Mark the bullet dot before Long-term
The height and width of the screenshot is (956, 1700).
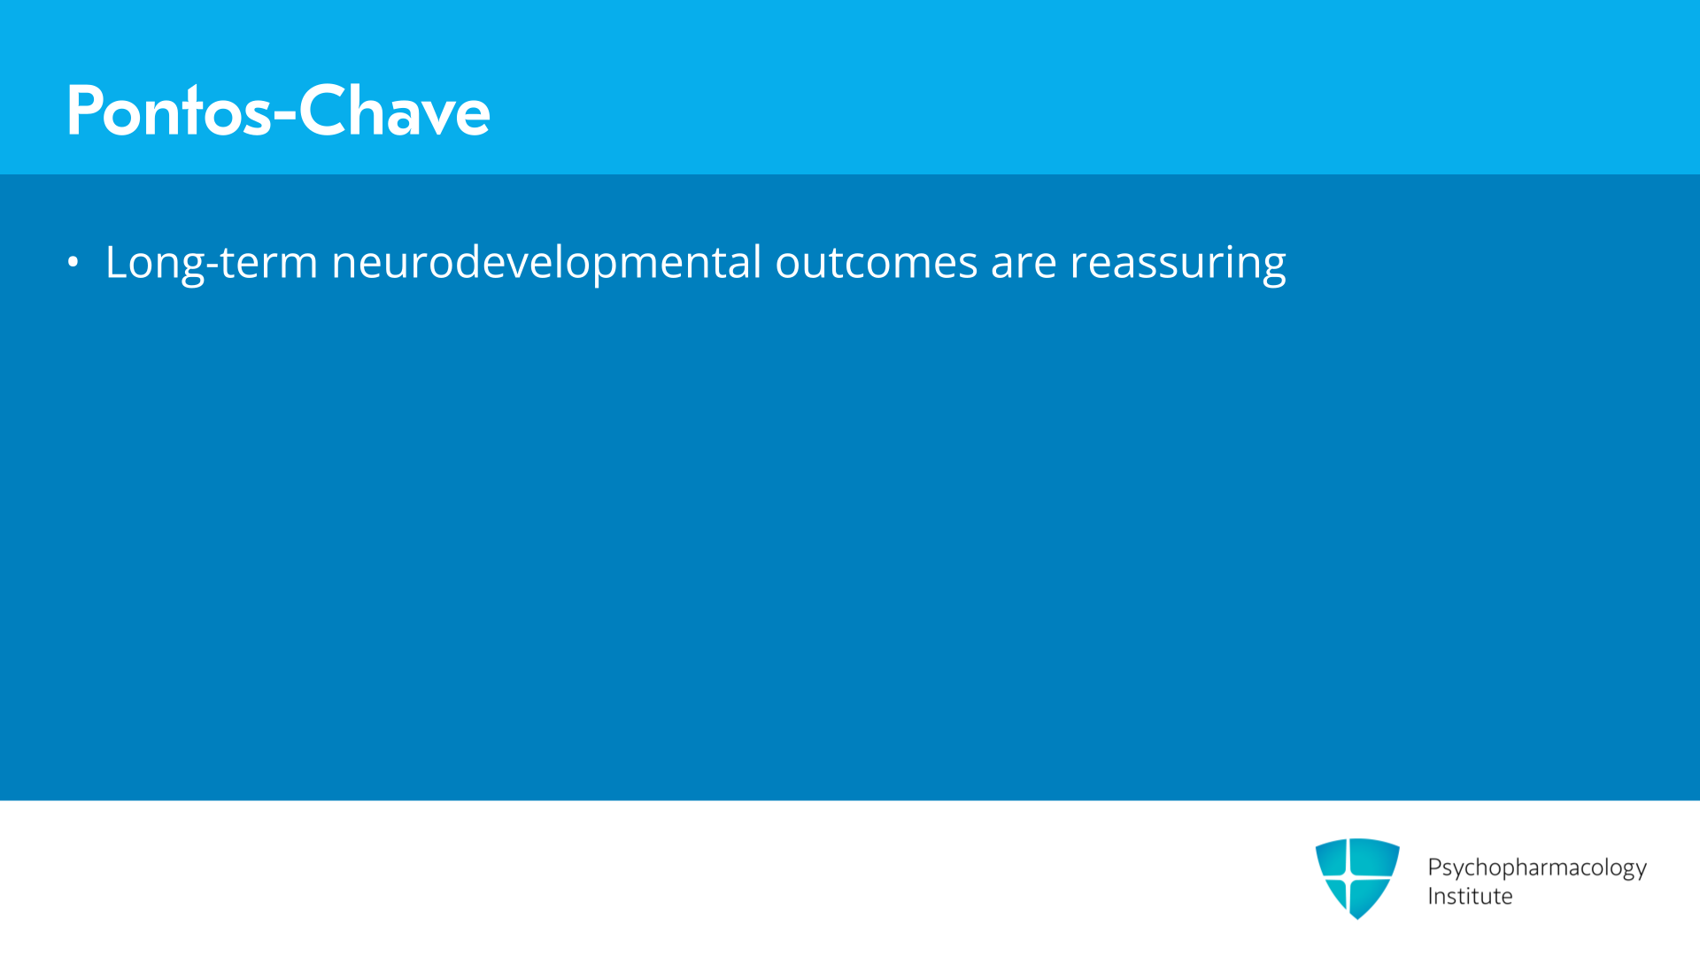coord(73,262)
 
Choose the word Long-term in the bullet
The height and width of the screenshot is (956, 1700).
coord(212,263)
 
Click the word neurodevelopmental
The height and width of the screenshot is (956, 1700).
coord(546,262)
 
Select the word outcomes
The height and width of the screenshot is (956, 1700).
coord(877,263)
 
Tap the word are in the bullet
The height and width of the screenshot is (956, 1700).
coord(1024,267)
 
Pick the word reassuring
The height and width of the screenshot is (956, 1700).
coord(1178,264)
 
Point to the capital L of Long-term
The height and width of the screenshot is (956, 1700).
coord(117,262)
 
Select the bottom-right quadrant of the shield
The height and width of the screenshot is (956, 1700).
coord(1372,894)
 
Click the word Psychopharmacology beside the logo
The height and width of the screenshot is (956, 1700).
coord(1537,867)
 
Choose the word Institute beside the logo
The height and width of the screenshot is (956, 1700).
coord(1470,896)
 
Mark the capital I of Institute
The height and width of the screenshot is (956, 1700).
coord(1431,896)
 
